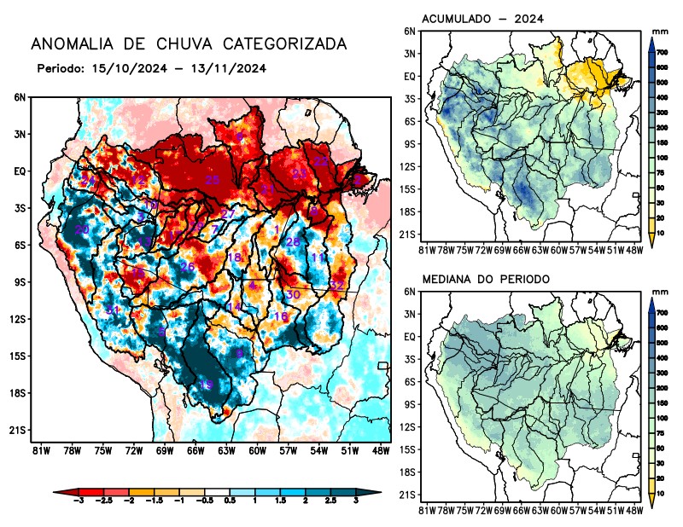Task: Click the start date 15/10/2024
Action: pos(126,67)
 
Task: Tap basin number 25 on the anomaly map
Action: pos(213,180)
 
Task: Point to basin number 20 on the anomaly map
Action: pos(82,230)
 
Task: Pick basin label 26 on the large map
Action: pos(187,267)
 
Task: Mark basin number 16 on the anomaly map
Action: pos(280,316)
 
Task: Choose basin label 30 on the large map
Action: pos(292,294)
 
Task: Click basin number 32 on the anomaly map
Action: pos(337,285)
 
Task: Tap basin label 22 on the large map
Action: pos(321,160)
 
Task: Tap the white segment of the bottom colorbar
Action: pos(219,492)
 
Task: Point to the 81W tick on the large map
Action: pos(38,449)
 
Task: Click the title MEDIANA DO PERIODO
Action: pos(486,279)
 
